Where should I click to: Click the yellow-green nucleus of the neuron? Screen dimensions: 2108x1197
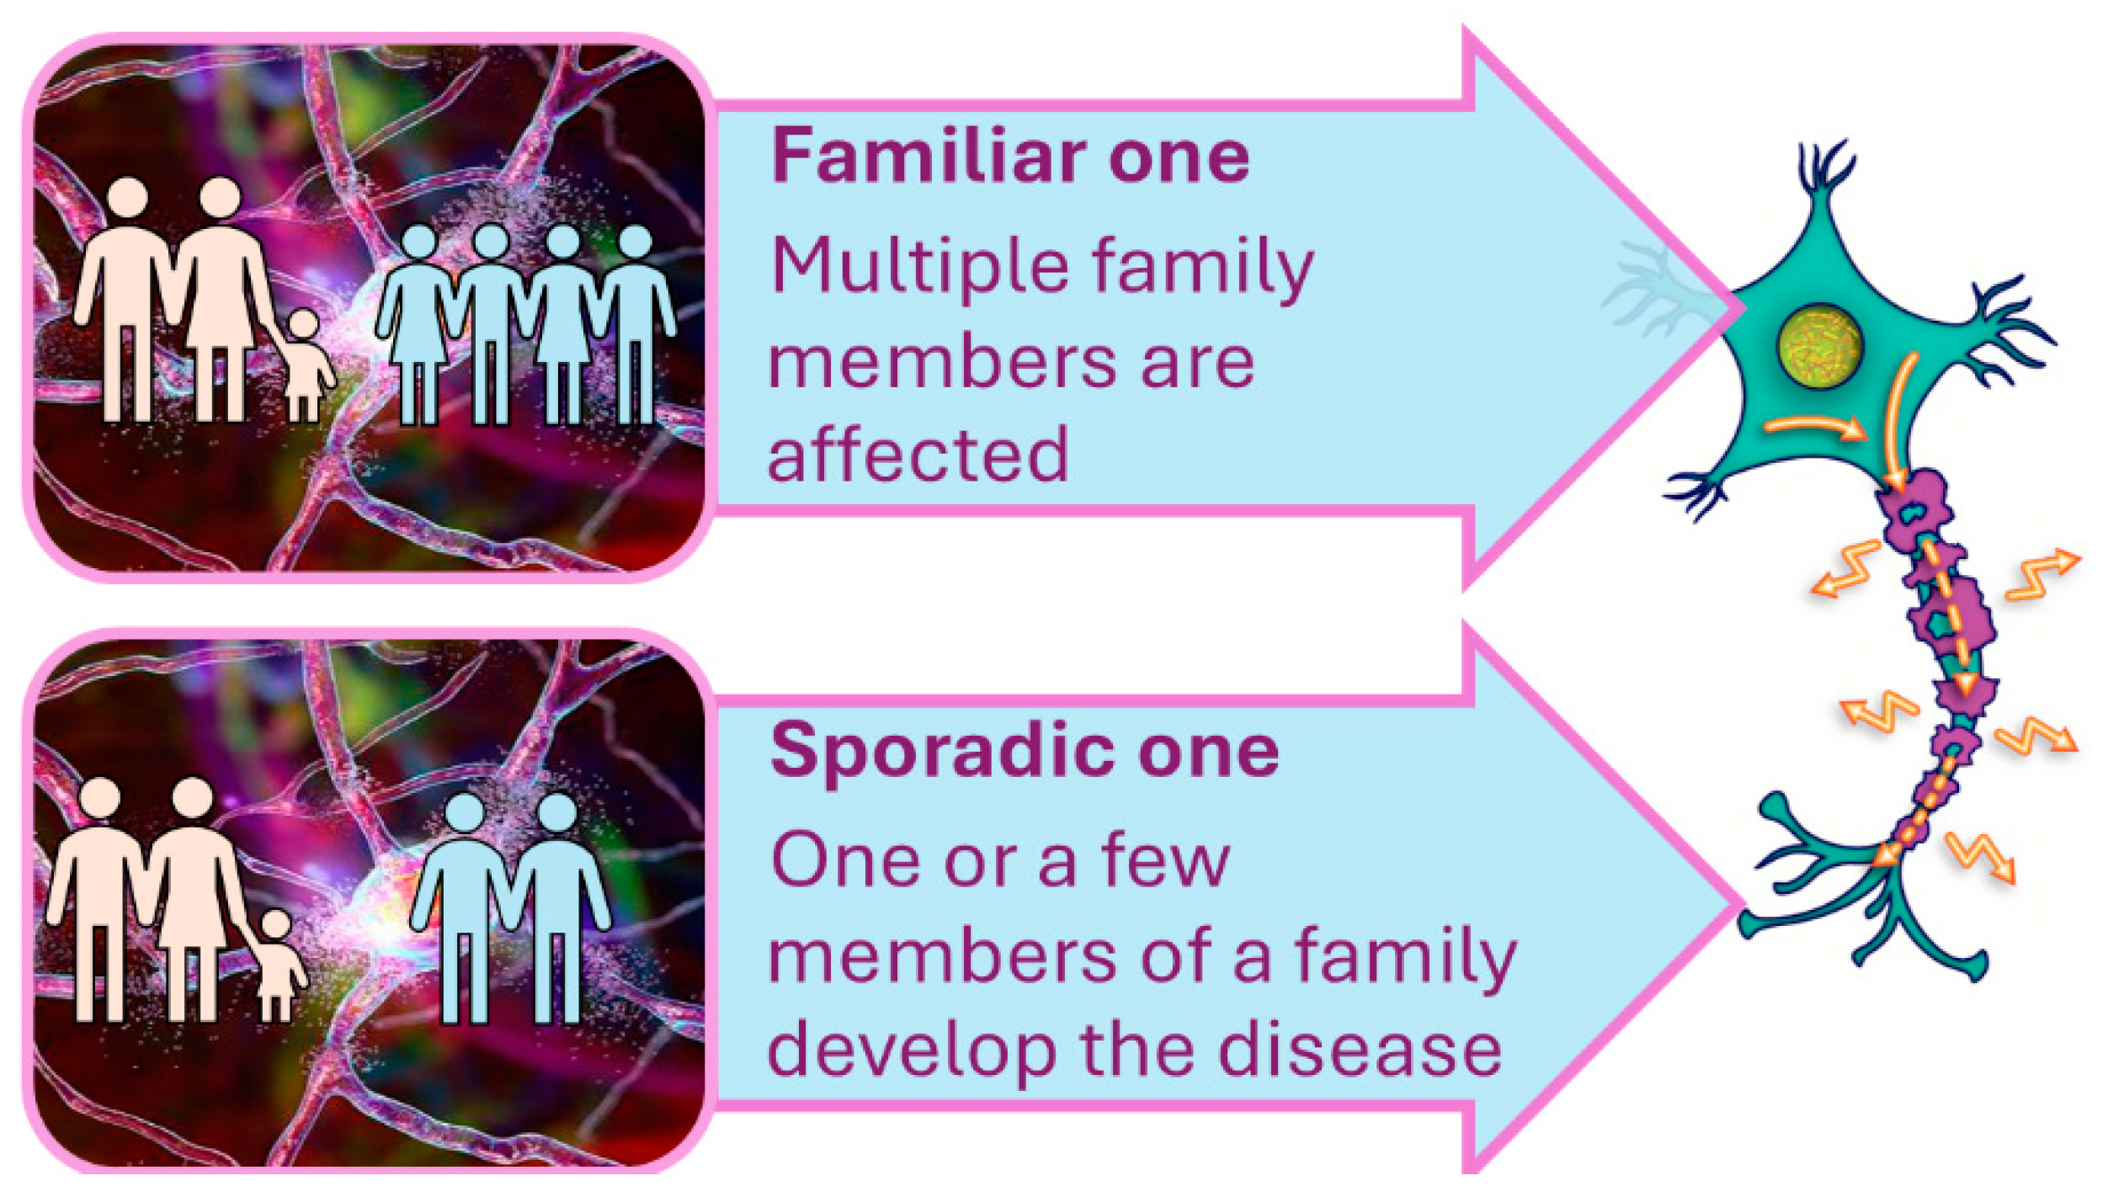1819,346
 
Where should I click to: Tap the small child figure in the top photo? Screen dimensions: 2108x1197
306,366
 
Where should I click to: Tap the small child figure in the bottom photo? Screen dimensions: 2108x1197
279,966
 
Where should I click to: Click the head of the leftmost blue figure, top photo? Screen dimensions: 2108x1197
418,242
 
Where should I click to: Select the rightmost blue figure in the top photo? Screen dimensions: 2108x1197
637,324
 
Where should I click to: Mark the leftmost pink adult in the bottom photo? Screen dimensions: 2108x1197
99,899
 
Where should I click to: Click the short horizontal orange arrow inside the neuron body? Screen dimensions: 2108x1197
1816,428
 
